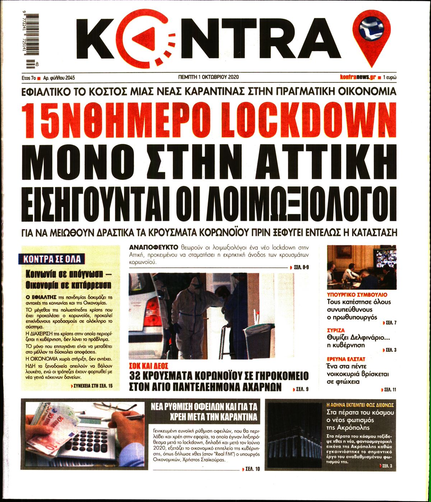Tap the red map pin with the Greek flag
tap(370, 36)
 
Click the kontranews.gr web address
tap(358, 77)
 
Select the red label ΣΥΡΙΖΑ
tap(336, 330)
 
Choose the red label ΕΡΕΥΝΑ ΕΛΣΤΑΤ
tap(346, 359)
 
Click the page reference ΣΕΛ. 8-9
tap(301, 267)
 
